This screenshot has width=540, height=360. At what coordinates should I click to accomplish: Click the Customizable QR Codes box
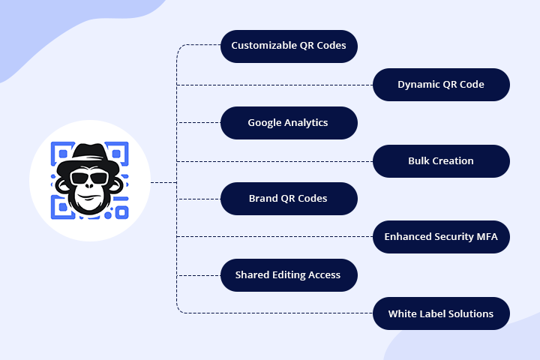click(x=289, y=46)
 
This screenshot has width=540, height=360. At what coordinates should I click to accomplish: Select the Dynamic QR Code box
click(x=441, y=85)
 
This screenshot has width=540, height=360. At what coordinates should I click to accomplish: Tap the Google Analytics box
click(x=289, y=122)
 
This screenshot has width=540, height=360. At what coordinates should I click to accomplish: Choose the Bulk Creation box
click(x=441, y=161)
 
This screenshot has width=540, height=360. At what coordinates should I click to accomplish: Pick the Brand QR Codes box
click(x=289, y=199)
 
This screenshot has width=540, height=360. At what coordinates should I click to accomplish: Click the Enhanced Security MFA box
click(x=441, y=237)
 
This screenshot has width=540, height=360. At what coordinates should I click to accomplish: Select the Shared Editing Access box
click(x=289, y=275)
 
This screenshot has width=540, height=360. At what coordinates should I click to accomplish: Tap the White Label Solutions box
click(x=441, y=313)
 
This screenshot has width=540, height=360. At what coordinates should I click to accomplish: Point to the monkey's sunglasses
click(x=89, y=178)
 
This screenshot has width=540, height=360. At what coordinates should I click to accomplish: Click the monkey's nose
click(x=89, y=193)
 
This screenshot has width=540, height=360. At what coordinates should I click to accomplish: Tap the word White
click(x=403, y=313)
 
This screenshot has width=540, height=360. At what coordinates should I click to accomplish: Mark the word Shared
click(x=253, y=275)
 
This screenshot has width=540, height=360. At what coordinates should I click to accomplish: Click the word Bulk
click(x=420, y=161)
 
